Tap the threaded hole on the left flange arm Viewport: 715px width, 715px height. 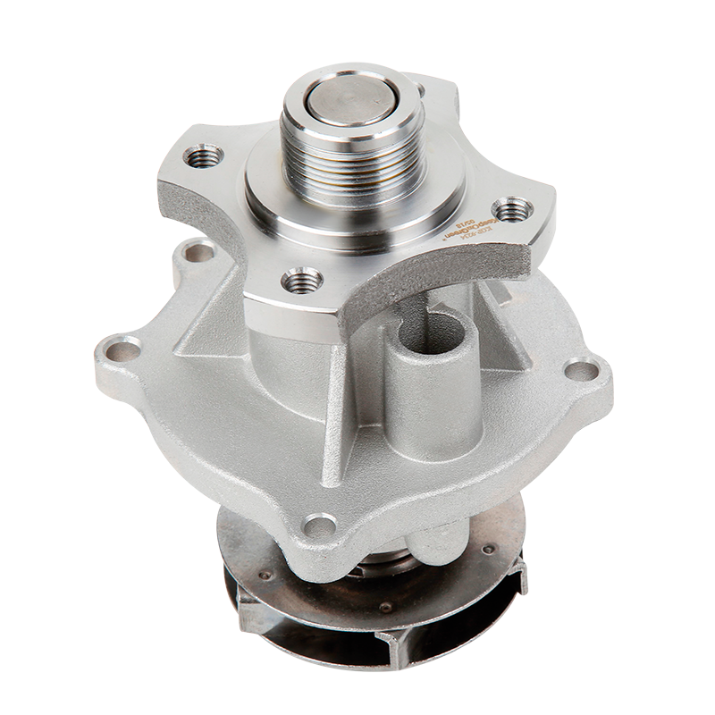point(204,157)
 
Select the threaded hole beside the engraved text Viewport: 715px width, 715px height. point(512,211)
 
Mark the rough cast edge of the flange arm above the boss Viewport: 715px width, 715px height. point(429,290)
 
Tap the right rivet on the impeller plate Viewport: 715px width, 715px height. point(487,548)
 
